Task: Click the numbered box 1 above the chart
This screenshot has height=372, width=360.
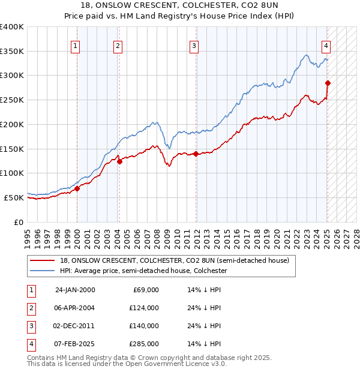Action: point(76,46)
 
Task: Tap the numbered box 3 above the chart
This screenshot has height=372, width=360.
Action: point(194,46)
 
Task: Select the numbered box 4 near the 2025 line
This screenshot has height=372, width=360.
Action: point(325,46)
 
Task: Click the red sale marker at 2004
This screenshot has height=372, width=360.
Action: point(119,161)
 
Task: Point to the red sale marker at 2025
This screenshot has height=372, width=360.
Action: point(328,83)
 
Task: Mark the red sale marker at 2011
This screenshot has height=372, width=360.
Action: point(196,154)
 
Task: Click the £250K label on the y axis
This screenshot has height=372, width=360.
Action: point(12,100)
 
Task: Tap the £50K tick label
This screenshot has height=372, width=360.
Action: point(14,197)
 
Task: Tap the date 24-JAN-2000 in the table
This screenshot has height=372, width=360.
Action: point(75,290)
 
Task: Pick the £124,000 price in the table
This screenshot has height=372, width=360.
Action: point(145,308)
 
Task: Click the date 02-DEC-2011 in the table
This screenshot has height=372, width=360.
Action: point(75,326)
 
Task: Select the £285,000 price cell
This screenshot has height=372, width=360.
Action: point(145,344)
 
